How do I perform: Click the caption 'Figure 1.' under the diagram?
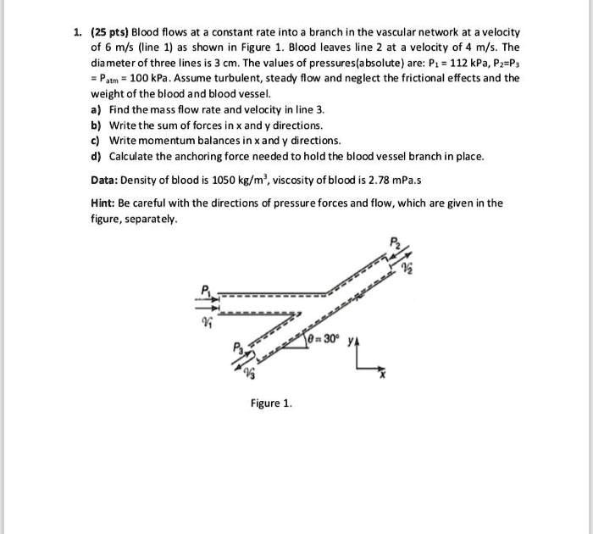(271, 403)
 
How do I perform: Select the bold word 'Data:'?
(108, 180)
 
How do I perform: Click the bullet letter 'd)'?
(95, 156)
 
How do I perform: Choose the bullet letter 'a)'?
(95, 110)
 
